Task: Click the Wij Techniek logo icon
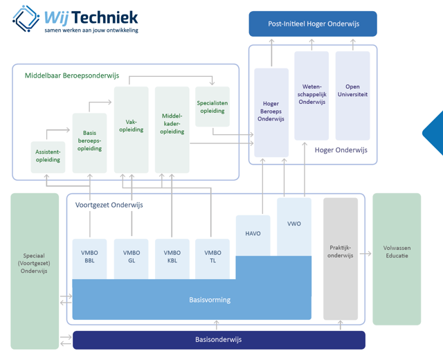point(26,19)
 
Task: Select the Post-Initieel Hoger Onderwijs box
point(313,24)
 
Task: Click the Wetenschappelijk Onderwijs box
point(311,96)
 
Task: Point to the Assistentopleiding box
point(48,156)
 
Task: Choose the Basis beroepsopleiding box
point(89,141)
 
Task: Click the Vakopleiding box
point(131,125)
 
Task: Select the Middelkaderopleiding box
point(172,125)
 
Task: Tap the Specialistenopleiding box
point(213,107)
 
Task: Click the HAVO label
point(253,233)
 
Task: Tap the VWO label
point(294,224)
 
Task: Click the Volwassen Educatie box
point(396,251)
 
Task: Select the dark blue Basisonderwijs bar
point(219,340)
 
